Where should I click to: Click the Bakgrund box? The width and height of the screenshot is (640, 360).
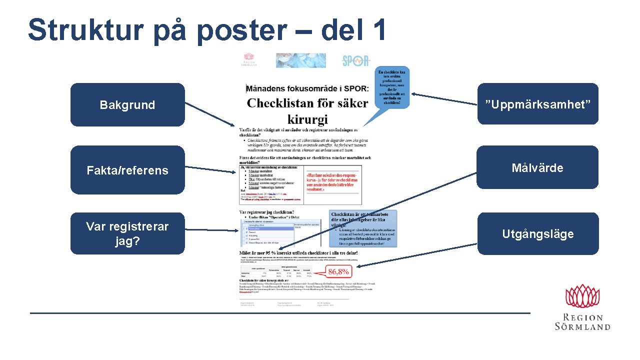[127, 104]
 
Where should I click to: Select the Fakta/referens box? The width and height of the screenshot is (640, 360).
[127, 170]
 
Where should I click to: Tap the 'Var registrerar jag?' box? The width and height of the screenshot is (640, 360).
[127, 233]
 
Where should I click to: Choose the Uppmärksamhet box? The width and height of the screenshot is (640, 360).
[537, 104]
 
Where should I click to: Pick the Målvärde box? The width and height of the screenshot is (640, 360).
[537, 167]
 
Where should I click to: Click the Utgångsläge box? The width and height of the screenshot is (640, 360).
[537, 233]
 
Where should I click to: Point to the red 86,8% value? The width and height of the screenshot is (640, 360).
[339, 271]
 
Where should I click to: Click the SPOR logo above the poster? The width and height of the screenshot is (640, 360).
[356, 61]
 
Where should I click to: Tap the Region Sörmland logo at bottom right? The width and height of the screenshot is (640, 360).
[582, 307]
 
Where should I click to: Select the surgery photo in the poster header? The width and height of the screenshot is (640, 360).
[300, 61]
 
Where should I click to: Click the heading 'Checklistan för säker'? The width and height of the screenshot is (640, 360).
[307, 103]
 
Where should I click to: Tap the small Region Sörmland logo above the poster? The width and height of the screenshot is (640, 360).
[250, 60]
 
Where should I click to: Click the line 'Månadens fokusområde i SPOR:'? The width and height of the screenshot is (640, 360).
[307, 88]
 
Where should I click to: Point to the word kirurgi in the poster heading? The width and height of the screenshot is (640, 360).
[307, 119]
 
